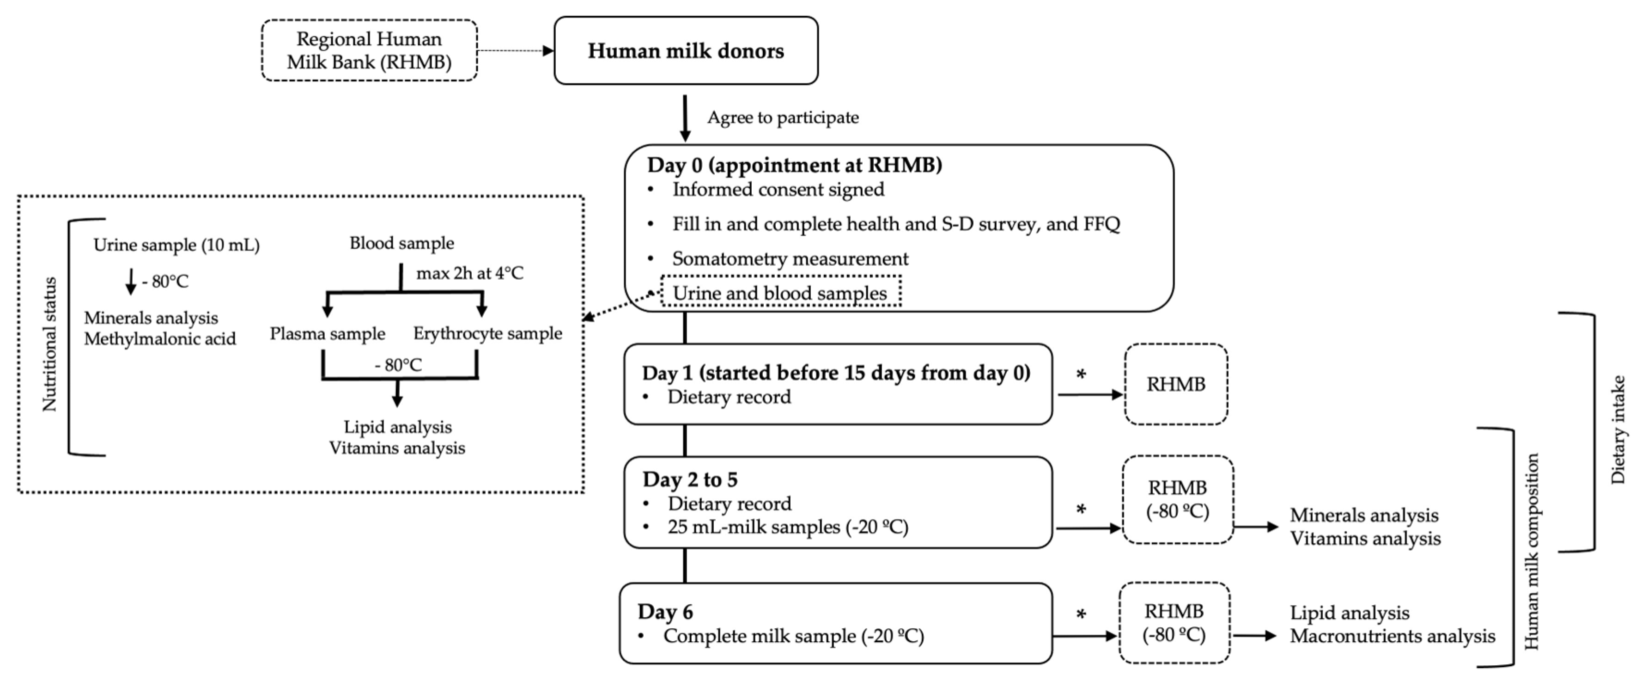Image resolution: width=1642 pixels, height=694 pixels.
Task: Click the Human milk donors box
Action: (686, 51)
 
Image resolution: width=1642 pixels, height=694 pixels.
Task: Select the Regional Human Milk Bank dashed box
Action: (369, 50)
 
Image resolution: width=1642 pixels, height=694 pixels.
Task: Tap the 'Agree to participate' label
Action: (783, 118)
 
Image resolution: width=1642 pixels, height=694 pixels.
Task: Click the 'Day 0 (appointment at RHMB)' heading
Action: (794, 165)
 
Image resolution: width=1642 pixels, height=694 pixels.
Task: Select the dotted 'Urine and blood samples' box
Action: (780, 293)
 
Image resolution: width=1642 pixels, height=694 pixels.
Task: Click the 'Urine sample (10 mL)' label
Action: (176, 245)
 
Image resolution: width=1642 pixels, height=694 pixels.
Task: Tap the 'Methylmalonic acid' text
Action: (160, 339)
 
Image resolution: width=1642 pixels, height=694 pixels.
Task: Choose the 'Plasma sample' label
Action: (327, 334)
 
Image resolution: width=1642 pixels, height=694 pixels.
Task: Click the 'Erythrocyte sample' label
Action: (487, 333)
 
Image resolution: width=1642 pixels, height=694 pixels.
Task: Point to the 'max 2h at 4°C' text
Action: (470, 273)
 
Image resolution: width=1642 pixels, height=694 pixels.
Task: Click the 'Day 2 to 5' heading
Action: (690, 479)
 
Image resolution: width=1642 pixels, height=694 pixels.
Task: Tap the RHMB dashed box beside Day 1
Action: (1175, 385)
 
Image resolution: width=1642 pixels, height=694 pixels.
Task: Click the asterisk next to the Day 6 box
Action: (1081, 615)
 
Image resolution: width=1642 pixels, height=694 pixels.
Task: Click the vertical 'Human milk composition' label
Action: (1531, 551)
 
